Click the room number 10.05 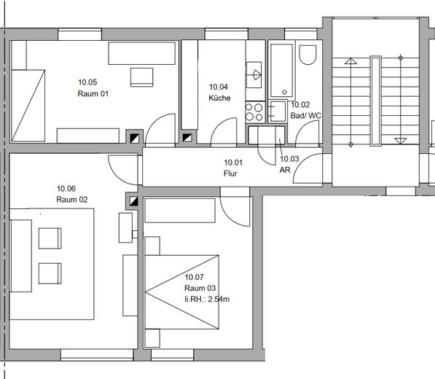[87, 82]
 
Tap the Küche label [219, 98]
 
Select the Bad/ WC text [306, 115]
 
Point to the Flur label [230, 173]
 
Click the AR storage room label [285, 170]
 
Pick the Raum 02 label [72, 200]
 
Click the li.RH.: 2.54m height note [207, 299]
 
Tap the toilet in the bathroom [307, 55]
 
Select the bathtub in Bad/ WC [281, 70]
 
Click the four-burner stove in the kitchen [254, 112]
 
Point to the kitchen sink [254, 75]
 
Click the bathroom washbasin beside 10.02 [277, 112]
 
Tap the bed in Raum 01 [28, 106]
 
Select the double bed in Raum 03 [182, 292]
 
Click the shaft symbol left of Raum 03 [134, 201]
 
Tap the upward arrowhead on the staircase [350, 61]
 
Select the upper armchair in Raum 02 [50, 238]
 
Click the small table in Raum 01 [142, 77]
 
